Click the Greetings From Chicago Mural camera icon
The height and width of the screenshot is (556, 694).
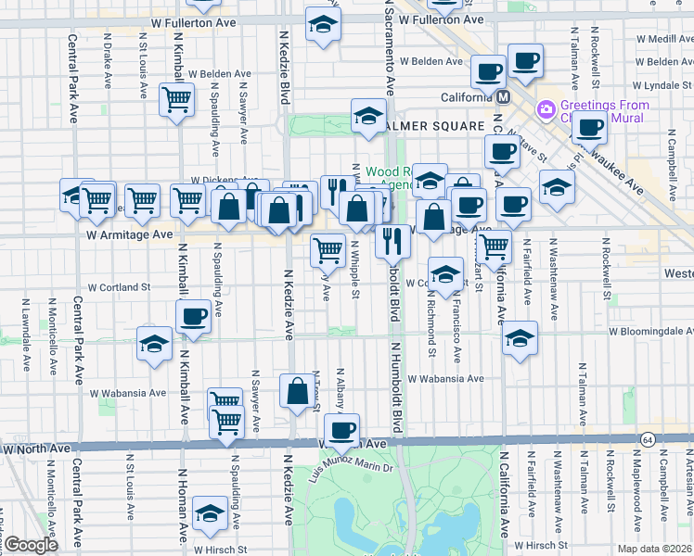click(x=546, y=109)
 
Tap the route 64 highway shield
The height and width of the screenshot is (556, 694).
click(x=647, y=437)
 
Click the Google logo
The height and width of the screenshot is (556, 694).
click(x=31, y=545)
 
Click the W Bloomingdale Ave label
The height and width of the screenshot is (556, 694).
click(x=649, y=331)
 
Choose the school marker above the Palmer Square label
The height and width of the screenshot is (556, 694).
click(x=367, y=116)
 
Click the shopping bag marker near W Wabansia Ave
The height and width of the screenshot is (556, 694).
click(x=298, y=392)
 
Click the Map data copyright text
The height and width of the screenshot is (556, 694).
click(x=655, y=548)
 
